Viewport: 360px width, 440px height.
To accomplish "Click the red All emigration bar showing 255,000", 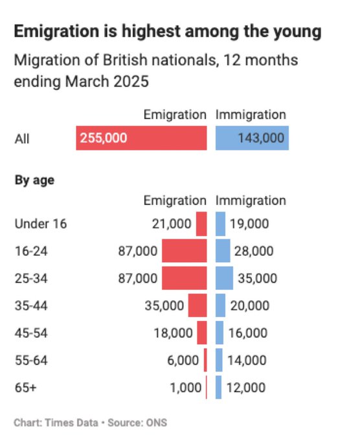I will [141, 138].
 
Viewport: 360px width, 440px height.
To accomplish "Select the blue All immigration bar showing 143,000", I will [252, 138].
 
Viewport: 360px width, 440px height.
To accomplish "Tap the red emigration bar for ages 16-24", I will [184, 251].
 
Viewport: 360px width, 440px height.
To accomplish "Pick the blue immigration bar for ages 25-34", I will [224, 278].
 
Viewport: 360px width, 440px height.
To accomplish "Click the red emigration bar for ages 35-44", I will [197, 305].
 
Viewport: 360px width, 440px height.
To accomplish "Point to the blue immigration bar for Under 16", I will [220, 224].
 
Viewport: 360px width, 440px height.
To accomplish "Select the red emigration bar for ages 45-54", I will [202, 333].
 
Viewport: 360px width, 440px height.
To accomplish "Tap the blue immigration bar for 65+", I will [218, 388].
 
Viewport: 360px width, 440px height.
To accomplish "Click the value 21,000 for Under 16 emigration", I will [171, 224].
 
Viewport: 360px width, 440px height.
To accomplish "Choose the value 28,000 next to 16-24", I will [254, 251].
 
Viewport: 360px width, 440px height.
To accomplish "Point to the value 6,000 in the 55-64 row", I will [183, 360].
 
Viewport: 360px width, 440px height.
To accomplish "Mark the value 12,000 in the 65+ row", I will [246, 388].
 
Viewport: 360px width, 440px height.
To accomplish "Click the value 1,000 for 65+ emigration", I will [183, 388].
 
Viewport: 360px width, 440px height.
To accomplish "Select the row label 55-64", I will [30, 360].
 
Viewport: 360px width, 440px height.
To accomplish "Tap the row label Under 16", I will [40, 224].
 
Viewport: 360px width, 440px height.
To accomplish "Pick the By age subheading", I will [34, 181].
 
